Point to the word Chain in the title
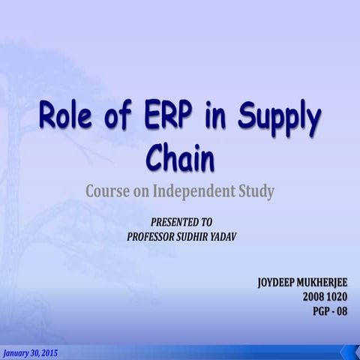coord(179,157)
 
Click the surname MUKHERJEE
coord(328,283)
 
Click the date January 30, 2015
coord(29,352)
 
